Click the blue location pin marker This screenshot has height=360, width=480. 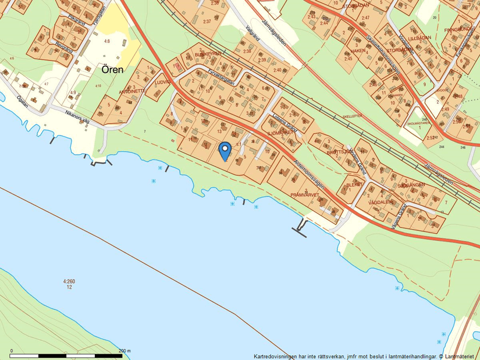[224, 151]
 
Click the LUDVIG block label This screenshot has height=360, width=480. [162, 83]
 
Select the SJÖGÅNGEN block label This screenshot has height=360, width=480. [413, 184]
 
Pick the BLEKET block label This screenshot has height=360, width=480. [354, 184]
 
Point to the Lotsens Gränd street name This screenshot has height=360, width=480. [285, 123]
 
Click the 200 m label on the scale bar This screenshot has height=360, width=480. [125, 351]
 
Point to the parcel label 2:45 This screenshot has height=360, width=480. [348, 59]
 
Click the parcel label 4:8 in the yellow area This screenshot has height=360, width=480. [106, 41]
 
